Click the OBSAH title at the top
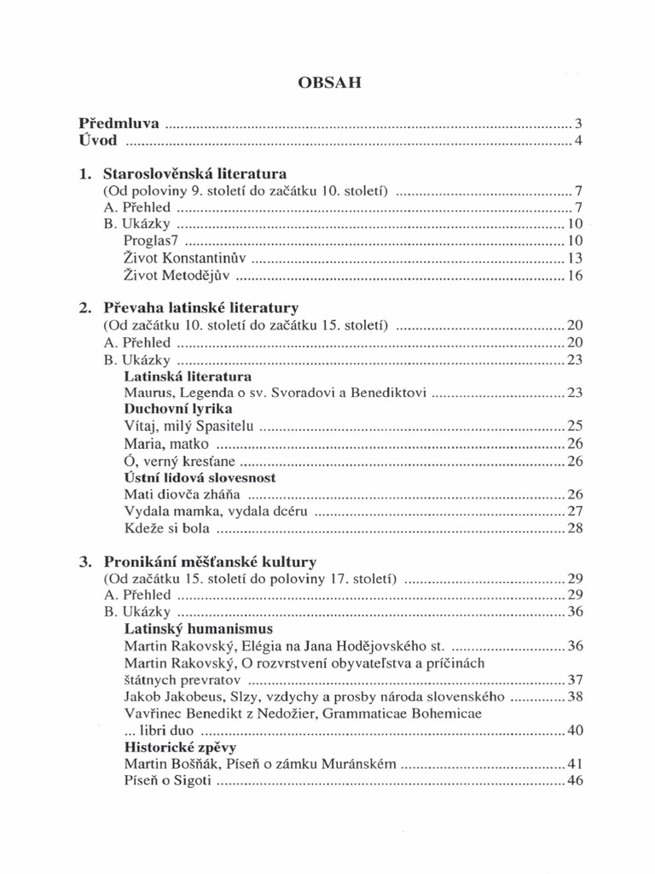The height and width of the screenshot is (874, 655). click(x=328, y=83)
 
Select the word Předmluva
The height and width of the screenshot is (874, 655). click(x=119, y=124)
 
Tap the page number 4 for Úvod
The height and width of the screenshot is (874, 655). click(x=578, y=141)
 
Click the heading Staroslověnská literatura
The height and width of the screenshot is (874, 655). click(x=194, y=173)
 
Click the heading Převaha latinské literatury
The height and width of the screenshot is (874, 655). click(x=200, y=307)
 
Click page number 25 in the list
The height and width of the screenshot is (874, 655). click(x=574, y=426)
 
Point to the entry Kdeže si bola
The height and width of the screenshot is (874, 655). click(x=165, y=529)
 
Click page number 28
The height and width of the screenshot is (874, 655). click(x=574, y=529)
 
